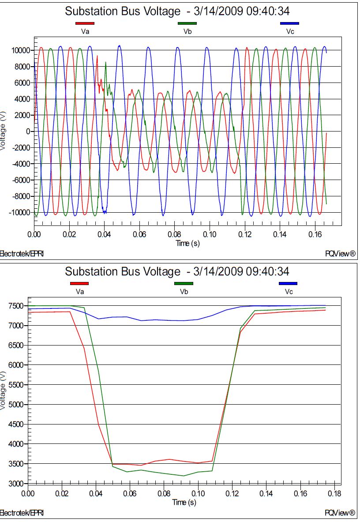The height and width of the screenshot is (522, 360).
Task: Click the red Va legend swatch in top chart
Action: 85,23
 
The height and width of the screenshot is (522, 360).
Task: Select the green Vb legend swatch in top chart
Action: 187,23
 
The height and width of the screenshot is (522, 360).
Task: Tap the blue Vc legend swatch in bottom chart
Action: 288,283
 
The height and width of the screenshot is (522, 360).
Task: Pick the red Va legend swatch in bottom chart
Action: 79,283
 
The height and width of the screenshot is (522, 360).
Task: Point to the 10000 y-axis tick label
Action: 20,50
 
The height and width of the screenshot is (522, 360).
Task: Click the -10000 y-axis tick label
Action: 19,212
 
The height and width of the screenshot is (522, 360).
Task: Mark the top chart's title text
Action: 177,11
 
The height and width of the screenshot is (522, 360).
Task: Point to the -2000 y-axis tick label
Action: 21,147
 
